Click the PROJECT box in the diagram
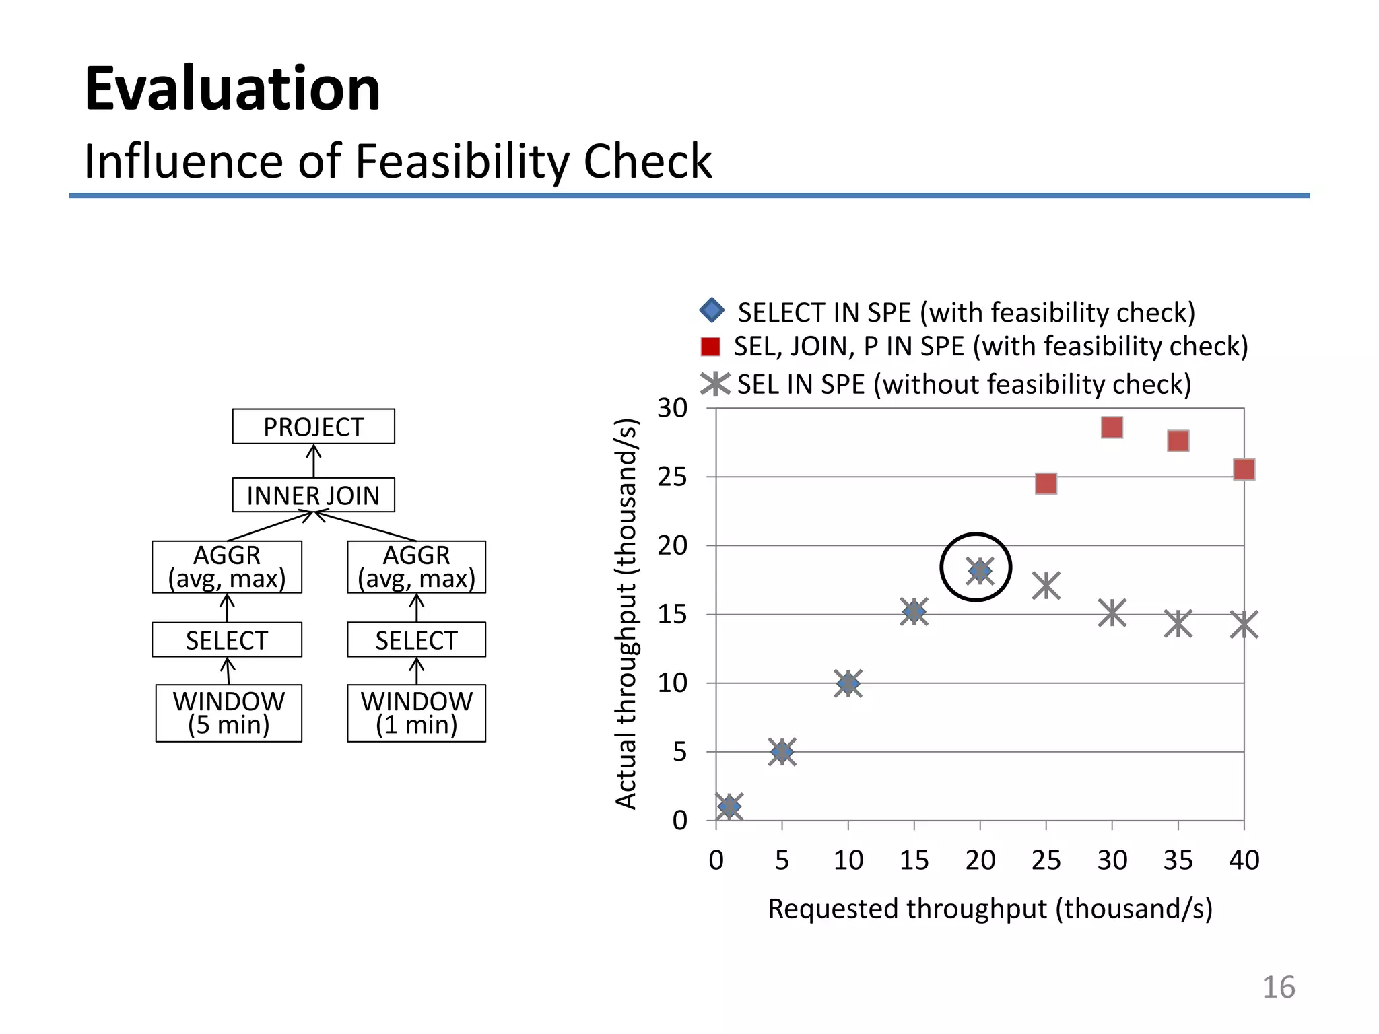pos(313,426)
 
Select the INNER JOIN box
pos(313,495)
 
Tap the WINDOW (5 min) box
pos(228,713)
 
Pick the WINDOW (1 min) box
pos(416,713)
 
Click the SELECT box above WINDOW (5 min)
pos(227,640)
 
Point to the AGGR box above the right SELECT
pos(416,567)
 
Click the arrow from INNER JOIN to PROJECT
pos(313,461)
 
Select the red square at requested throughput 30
pos(1112,427)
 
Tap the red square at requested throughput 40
pos(1244,469)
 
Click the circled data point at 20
pos(979,571)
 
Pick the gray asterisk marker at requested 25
pos(1046,586)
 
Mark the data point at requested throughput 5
pos(782,751)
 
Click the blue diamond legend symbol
pos(712,310)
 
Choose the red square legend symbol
pos(710,347)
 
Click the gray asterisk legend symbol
pos(714,384)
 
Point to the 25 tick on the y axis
pos(672,477)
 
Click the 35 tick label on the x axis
pos(1178,860)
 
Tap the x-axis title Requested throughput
pos(990,909)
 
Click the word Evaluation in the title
pos(232,89)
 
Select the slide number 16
pos(1277,988)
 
